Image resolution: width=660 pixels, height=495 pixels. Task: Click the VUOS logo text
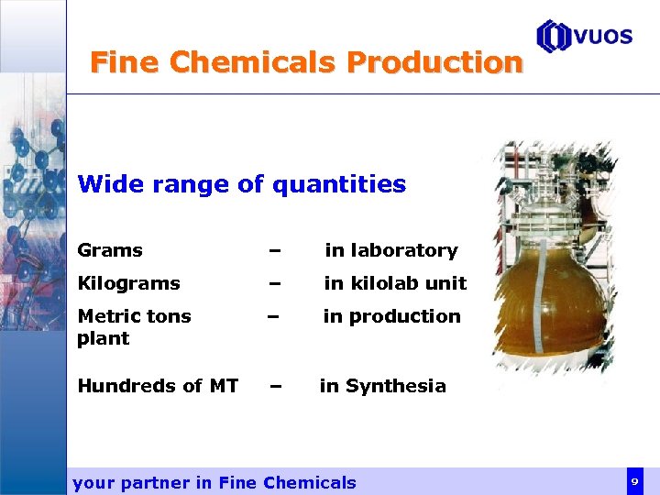[603, 37]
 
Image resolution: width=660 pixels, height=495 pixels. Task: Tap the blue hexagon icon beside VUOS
[554, 37]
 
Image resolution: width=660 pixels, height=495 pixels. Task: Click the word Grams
[110, 250]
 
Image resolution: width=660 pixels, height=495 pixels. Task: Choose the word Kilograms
[128, 283]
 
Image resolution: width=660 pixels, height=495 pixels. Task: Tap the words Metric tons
[134, 316]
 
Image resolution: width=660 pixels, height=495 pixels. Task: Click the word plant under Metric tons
[104, 338]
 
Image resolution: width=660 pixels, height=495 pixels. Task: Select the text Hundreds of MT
[158, 386]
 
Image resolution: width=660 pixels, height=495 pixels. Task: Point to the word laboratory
[404, 250]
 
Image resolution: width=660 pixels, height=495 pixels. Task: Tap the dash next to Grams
[273, 250]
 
